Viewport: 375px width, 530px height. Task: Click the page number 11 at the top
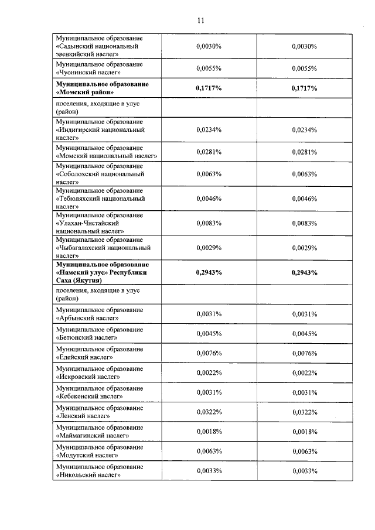tap(200, 20)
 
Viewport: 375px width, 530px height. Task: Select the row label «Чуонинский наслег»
tap(88, 72)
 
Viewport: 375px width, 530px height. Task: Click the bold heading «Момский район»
tap(85, 92)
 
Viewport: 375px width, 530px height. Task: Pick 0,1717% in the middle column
tap(209, 88)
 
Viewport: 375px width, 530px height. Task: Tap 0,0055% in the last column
tap(304, 68)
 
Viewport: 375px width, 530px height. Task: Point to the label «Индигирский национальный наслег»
tap(100, 130)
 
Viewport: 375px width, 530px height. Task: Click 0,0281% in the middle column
tap(209, 152)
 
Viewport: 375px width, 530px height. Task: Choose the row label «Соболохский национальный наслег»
tap(100, 174)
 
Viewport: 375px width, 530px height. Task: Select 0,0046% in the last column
tap(304, 199)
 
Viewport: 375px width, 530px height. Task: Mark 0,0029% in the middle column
tap(209, 248)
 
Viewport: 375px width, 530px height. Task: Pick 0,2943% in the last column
tap(304, 272)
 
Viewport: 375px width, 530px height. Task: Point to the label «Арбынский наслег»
tap(87, 318)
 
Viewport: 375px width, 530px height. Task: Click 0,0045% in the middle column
tap(209, 334)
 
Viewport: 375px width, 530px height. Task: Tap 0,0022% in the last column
tap(304, 373)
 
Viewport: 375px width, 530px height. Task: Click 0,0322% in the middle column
tap(209, 412)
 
